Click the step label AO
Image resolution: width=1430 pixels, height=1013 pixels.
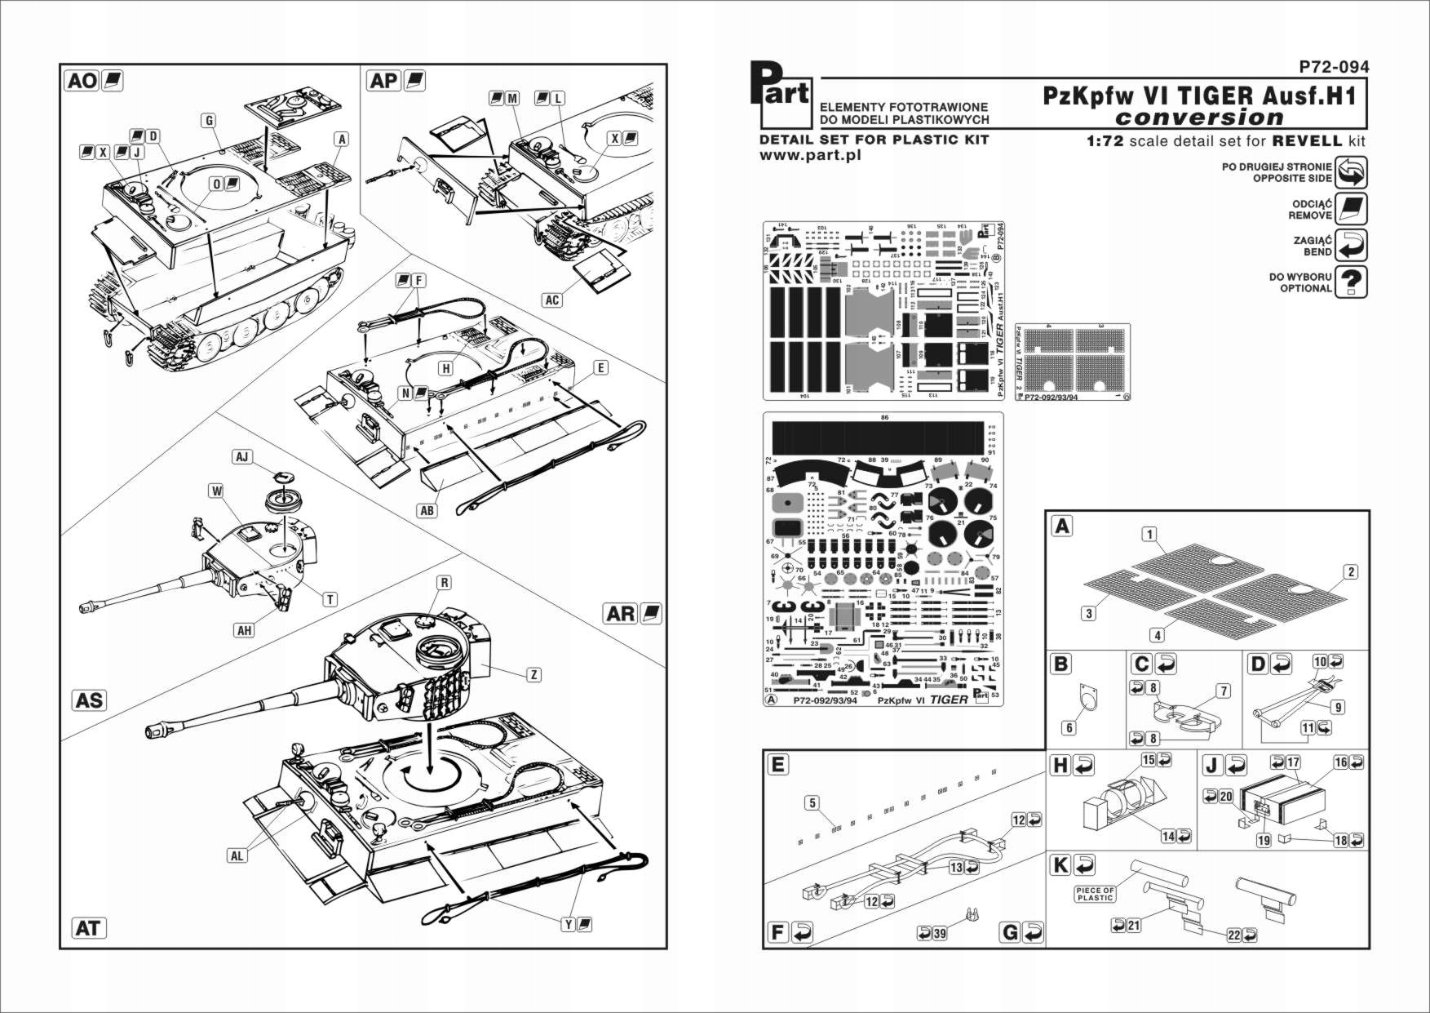[x=82, y=81]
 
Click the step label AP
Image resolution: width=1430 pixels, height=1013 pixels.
[x=383, y=81]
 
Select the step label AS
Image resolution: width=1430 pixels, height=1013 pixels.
[x=89, y=700]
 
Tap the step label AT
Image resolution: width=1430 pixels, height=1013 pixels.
[x=88, y=928]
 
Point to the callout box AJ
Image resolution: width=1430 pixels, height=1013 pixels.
[x=241, y=457]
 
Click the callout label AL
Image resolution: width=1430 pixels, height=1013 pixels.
[x=237, y=855]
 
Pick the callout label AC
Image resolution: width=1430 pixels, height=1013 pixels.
[x=552, y=300]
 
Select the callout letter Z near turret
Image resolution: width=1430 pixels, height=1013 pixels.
[x=534, y=674]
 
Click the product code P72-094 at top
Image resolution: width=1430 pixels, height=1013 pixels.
[x=1334, y=67]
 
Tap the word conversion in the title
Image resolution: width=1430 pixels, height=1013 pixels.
[x=1199, y=118]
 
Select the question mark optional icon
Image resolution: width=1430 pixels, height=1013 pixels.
[x=1351, y=282]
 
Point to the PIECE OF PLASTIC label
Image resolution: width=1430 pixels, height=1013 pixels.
[x=1095, y=895]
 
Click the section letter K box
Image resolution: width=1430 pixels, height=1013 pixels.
[x=1060, y=864]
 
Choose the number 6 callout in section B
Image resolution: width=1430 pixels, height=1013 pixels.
[x=1069, y=728]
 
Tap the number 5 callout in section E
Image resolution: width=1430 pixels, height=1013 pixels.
[x=812, y=803]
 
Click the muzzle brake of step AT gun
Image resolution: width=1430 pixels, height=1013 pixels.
[x=152, y=732]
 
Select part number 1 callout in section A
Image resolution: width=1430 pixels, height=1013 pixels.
[x=1149, y=535]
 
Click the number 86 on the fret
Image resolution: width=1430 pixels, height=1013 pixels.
[x=884, y=417]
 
